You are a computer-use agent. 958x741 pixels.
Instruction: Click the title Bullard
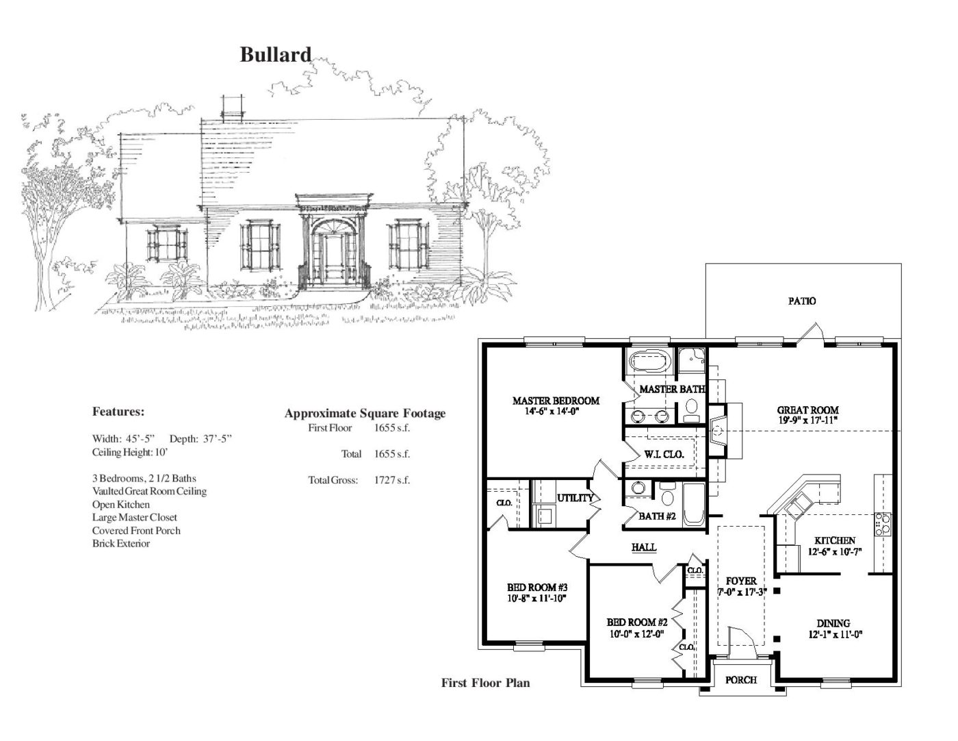pyautogui.click(x=275, y=55)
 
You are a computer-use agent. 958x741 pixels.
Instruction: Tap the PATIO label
pyautogui.click(x=802, y=301)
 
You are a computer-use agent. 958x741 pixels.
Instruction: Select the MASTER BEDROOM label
pyautogui.click(x=556, y=401)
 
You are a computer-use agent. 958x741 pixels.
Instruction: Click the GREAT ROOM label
pyautogui.click(x=807, y=410)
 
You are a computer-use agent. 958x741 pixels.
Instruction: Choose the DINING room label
pyautogui.click(x=833, y=623)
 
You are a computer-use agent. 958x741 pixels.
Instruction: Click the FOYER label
pyautogui.click(x=741, y=581)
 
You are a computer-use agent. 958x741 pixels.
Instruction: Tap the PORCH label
pyautogui.click(x=740, y=680)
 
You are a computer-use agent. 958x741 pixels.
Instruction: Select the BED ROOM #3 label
pyautogui.click(x=537, y=588)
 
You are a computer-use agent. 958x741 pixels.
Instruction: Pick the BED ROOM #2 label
pyautogui.click(x=637, y=623)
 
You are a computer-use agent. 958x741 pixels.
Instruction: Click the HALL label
pyautogui.click(x=644, y=547)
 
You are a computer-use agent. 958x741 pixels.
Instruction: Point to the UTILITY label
pyautogui.click(x=575, y=498)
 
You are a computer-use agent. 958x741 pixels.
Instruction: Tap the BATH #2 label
pyautogui.click(x=657, y=516)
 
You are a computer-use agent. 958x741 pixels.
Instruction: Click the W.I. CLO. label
pyautogui.click(x=664, y=454)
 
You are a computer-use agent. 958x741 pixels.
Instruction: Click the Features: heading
pyautogui.click(x=118, y=412)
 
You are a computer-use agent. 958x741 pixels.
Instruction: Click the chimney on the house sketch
pyautogui.click(x=233, y=107)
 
